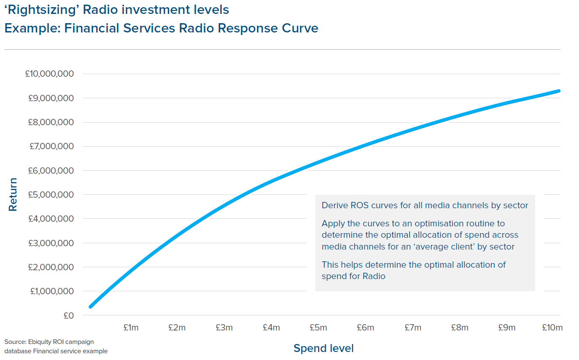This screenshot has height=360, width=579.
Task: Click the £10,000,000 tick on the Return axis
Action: [49, 74]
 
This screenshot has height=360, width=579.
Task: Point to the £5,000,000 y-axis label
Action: [51, 195]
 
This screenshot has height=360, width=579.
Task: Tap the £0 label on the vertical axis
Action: [69, 316]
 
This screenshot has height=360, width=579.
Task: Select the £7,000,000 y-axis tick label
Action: [52, 146]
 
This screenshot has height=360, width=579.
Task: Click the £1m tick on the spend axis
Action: [131, 328]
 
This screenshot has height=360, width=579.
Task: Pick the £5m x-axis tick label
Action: [318, 328]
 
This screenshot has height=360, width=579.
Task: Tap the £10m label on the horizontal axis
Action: [552, 328]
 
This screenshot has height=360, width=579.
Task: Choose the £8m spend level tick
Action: [460, 328]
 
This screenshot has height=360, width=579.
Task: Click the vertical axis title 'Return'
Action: [13, 195]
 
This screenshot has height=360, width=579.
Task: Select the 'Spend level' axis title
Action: [323, 348]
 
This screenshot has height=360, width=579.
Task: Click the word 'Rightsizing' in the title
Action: [43, 10]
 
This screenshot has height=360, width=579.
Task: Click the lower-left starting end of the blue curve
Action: [91, 307]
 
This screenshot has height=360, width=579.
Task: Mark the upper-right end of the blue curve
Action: [559, 91]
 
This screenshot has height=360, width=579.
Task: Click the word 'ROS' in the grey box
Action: [360, 205]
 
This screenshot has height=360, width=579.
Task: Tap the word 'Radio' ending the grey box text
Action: [374, 276]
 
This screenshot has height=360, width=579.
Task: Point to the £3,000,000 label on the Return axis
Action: [51, 243]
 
